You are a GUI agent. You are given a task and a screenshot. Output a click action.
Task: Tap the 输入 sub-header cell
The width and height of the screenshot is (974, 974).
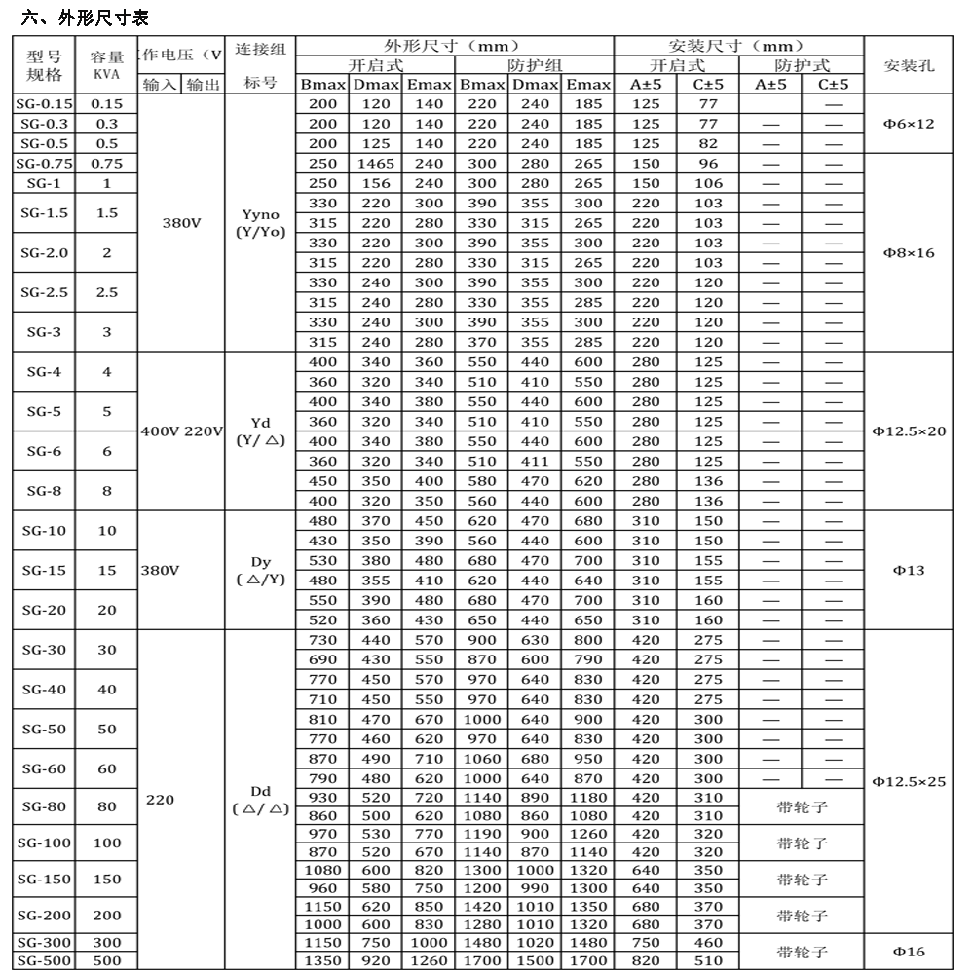coord(160,85)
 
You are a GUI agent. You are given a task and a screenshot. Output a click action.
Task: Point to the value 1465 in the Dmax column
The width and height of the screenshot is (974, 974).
coord(376,164)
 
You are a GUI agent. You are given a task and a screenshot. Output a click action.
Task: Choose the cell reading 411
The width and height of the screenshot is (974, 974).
coord(535,462)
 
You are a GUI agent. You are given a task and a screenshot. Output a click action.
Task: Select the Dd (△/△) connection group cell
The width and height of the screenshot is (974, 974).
coord(259,800)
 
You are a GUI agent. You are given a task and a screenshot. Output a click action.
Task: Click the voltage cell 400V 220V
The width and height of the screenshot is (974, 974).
coord(183,431)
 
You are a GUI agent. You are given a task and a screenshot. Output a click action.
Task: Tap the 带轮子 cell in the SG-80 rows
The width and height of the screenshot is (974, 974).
coord(801,805)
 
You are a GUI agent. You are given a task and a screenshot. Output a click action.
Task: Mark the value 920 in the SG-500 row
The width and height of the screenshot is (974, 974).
coord(376,961)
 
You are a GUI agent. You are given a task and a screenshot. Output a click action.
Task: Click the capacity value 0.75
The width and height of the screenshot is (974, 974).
coord(106,164)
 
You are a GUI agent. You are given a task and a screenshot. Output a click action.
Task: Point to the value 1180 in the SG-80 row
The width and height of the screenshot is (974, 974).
coord(587,798)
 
